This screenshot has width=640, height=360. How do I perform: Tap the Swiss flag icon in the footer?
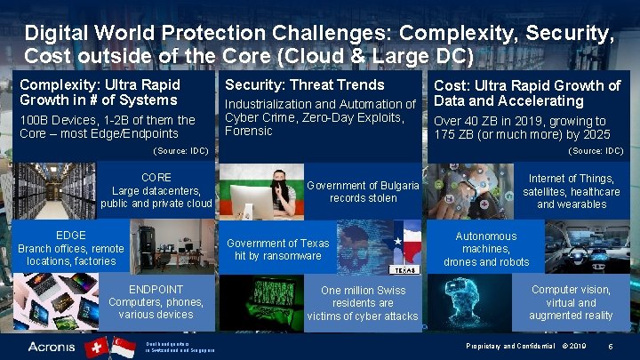pyautogui.click(x=96, y=347)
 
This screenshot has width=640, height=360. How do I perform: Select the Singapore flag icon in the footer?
pyautogui.click(x=123, y=347)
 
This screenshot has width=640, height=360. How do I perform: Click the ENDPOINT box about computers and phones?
pyautogui.click(x=156, y=302)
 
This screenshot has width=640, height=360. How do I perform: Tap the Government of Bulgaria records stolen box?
pyautogui.click(x=363, y=191)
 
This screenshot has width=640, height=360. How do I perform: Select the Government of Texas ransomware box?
pyautogui.click(x=277, y=249)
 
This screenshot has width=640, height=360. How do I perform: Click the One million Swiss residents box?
pyautogui.click(x=363, y=303)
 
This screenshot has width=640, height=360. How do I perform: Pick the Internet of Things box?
pyautogui.click(x=572, y=191)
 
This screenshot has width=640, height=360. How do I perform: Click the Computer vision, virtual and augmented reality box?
pyautogui.click(x=571, y=302)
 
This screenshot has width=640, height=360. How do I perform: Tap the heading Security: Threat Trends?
pyautogui.click(x=305, y=84)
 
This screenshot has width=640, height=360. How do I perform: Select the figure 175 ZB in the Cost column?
pyautogui.click(x=452, y=135)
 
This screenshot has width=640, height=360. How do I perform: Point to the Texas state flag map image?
pyautogui.click(x=404, y=249)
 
